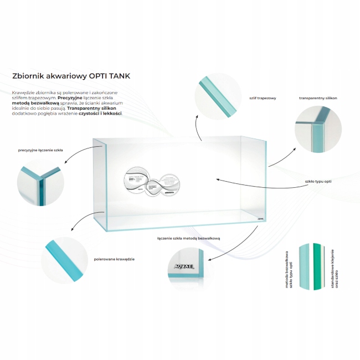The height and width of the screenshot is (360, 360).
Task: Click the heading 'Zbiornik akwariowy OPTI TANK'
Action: coord(71,76)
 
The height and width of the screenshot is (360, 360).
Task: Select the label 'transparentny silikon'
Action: coord(318,97)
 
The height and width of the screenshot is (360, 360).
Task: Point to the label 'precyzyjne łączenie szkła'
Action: coord(40,150)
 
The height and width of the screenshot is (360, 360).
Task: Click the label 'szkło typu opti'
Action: coord(318,181)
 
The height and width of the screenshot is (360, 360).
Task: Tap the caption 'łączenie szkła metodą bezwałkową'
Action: coord(189,238)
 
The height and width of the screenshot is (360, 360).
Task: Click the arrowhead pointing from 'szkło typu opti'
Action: coord(218,179)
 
